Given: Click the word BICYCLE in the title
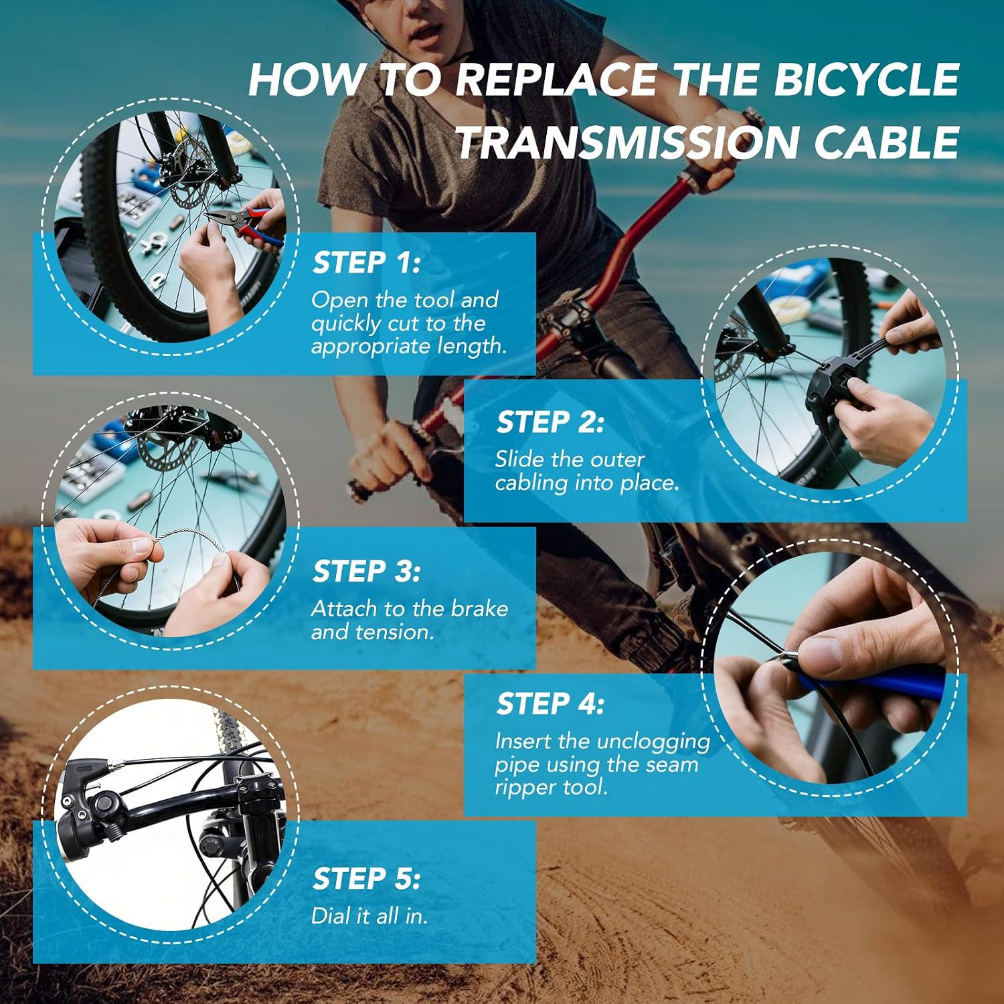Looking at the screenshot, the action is click(x=867, y=80).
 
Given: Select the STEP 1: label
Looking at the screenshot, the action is click(x=366, y=262).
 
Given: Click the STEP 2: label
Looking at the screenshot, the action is click(x=550, y=422).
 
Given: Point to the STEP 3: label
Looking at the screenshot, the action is click(x=366, y=572).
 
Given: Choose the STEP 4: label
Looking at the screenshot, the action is click(x=550, y=704).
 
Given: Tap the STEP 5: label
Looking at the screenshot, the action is click(x=366, y=879).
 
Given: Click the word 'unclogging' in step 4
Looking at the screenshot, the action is click(x=653, y=742).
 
